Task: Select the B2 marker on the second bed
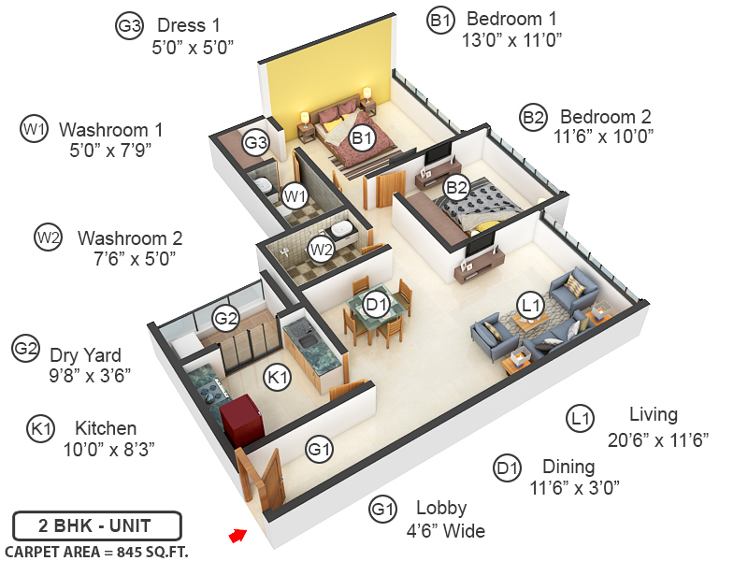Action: click(x=456, y=187)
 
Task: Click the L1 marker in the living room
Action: click(x=531, y=305)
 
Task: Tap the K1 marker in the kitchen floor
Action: click(x=277, y=378)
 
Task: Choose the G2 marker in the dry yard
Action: click(x=225, y=318)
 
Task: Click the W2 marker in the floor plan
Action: click(x=321, y=250)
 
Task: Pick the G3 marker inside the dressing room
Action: click(x=256, y=143)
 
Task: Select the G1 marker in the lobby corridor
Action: click(x=320, y=450)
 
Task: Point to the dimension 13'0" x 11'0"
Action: click(x=511, y=40)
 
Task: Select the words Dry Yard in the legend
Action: click(x=87, y=355)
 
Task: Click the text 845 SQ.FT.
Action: click(x=150, y=552)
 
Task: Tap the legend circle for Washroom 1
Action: click(x=34, y=129)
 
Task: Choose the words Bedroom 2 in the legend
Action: click(x=605, y=117)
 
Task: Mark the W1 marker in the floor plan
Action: click(x=295, y=195)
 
